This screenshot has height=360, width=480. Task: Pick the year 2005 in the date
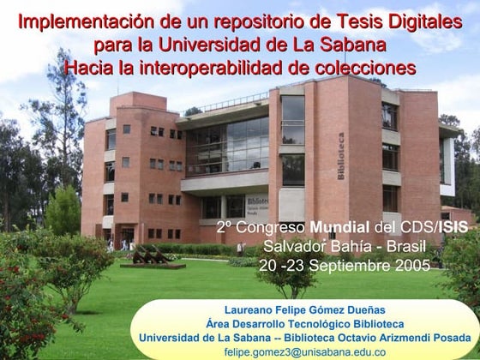(412, 265)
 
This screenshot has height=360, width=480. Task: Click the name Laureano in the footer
(250, 309)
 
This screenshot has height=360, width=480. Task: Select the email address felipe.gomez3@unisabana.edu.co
(304, 352)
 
